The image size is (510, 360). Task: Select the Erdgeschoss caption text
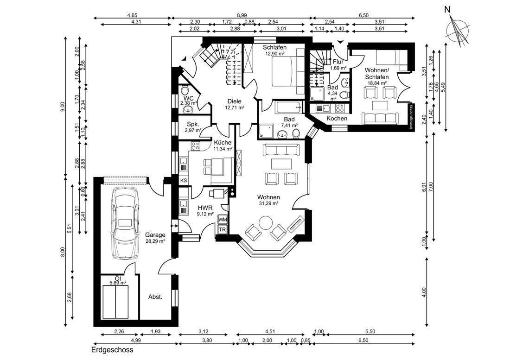coord(112,350)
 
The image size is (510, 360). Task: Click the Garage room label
coord(155,234)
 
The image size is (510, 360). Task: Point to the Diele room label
coord(235,101)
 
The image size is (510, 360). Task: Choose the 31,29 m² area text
coord(268,203)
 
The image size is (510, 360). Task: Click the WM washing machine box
coord(223,220)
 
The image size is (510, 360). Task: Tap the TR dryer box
coord(223,230)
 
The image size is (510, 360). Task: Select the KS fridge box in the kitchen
coord(184,181)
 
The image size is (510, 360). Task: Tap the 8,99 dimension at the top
coord(242,15)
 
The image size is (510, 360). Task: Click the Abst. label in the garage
coord(155,297)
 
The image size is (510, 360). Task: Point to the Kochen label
coord(337,119)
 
